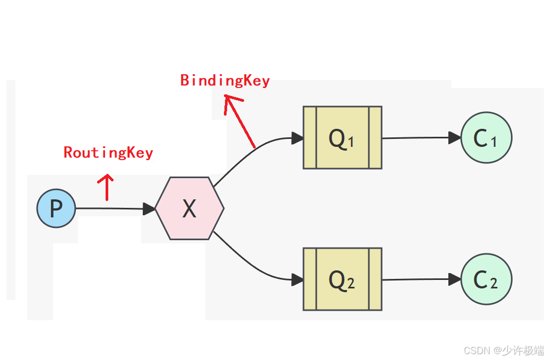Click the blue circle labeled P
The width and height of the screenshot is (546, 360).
56,208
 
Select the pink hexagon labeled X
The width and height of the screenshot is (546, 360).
189,208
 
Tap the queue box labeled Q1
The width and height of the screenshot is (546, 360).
342,138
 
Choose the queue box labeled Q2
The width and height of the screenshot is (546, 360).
342,279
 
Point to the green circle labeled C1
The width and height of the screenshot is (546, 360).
486,138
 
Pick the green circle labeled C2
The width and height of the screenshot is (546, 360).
486,279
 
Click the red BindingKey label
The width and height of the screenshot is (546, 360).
225,81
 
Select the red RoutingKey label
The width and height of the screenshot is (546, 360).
108,153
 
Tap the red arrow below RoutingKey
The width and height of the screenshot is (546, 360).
107,187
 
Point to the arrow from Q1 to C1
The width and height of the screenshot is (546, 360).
419,138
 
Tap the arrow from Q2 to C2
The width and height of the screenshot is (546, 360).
419,279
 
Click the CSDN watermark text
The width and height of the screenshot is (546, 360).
504,350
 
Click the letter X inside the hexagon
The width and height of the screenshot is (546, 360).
189,209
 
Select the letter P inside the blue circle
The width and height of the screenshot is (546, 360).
56,209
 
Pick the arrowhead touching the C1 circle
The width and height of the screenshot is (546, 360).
454,138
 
